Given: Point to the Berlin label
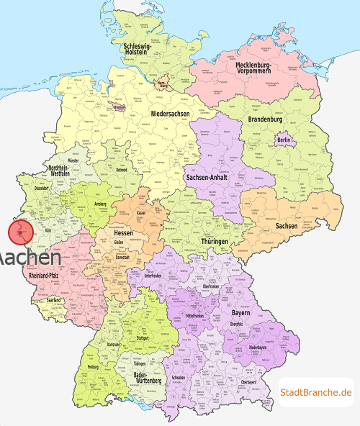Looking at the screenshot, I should point(283,140).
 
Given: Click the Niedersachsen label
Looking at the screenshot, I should point(171,114).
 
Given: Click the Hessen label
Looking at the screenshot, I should point(123,233).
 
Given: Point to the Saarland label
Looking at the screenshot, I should point(53,300).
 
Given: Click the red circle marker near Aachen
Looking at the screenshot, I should point(21,232).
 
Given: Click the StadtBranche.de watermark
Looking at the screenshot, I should point(315,392).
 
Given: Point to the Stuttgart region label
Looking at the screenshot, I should point(143,337).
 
